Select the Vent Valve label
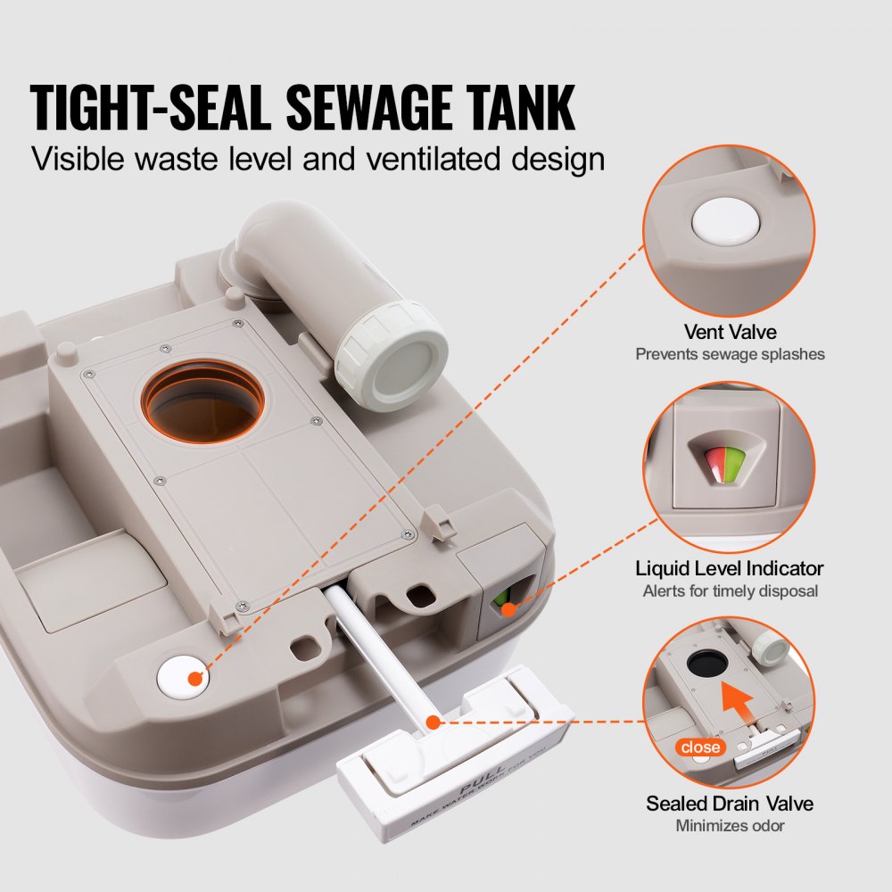730,331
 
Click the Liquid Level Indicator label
730,568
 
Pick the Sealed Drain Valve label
730,804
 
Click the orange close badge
700,747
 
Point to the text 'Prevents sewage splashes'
730,354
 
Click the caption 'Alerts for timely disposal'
730,591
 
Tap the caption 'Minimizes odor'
730,826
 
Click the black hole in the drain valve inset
705,664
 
